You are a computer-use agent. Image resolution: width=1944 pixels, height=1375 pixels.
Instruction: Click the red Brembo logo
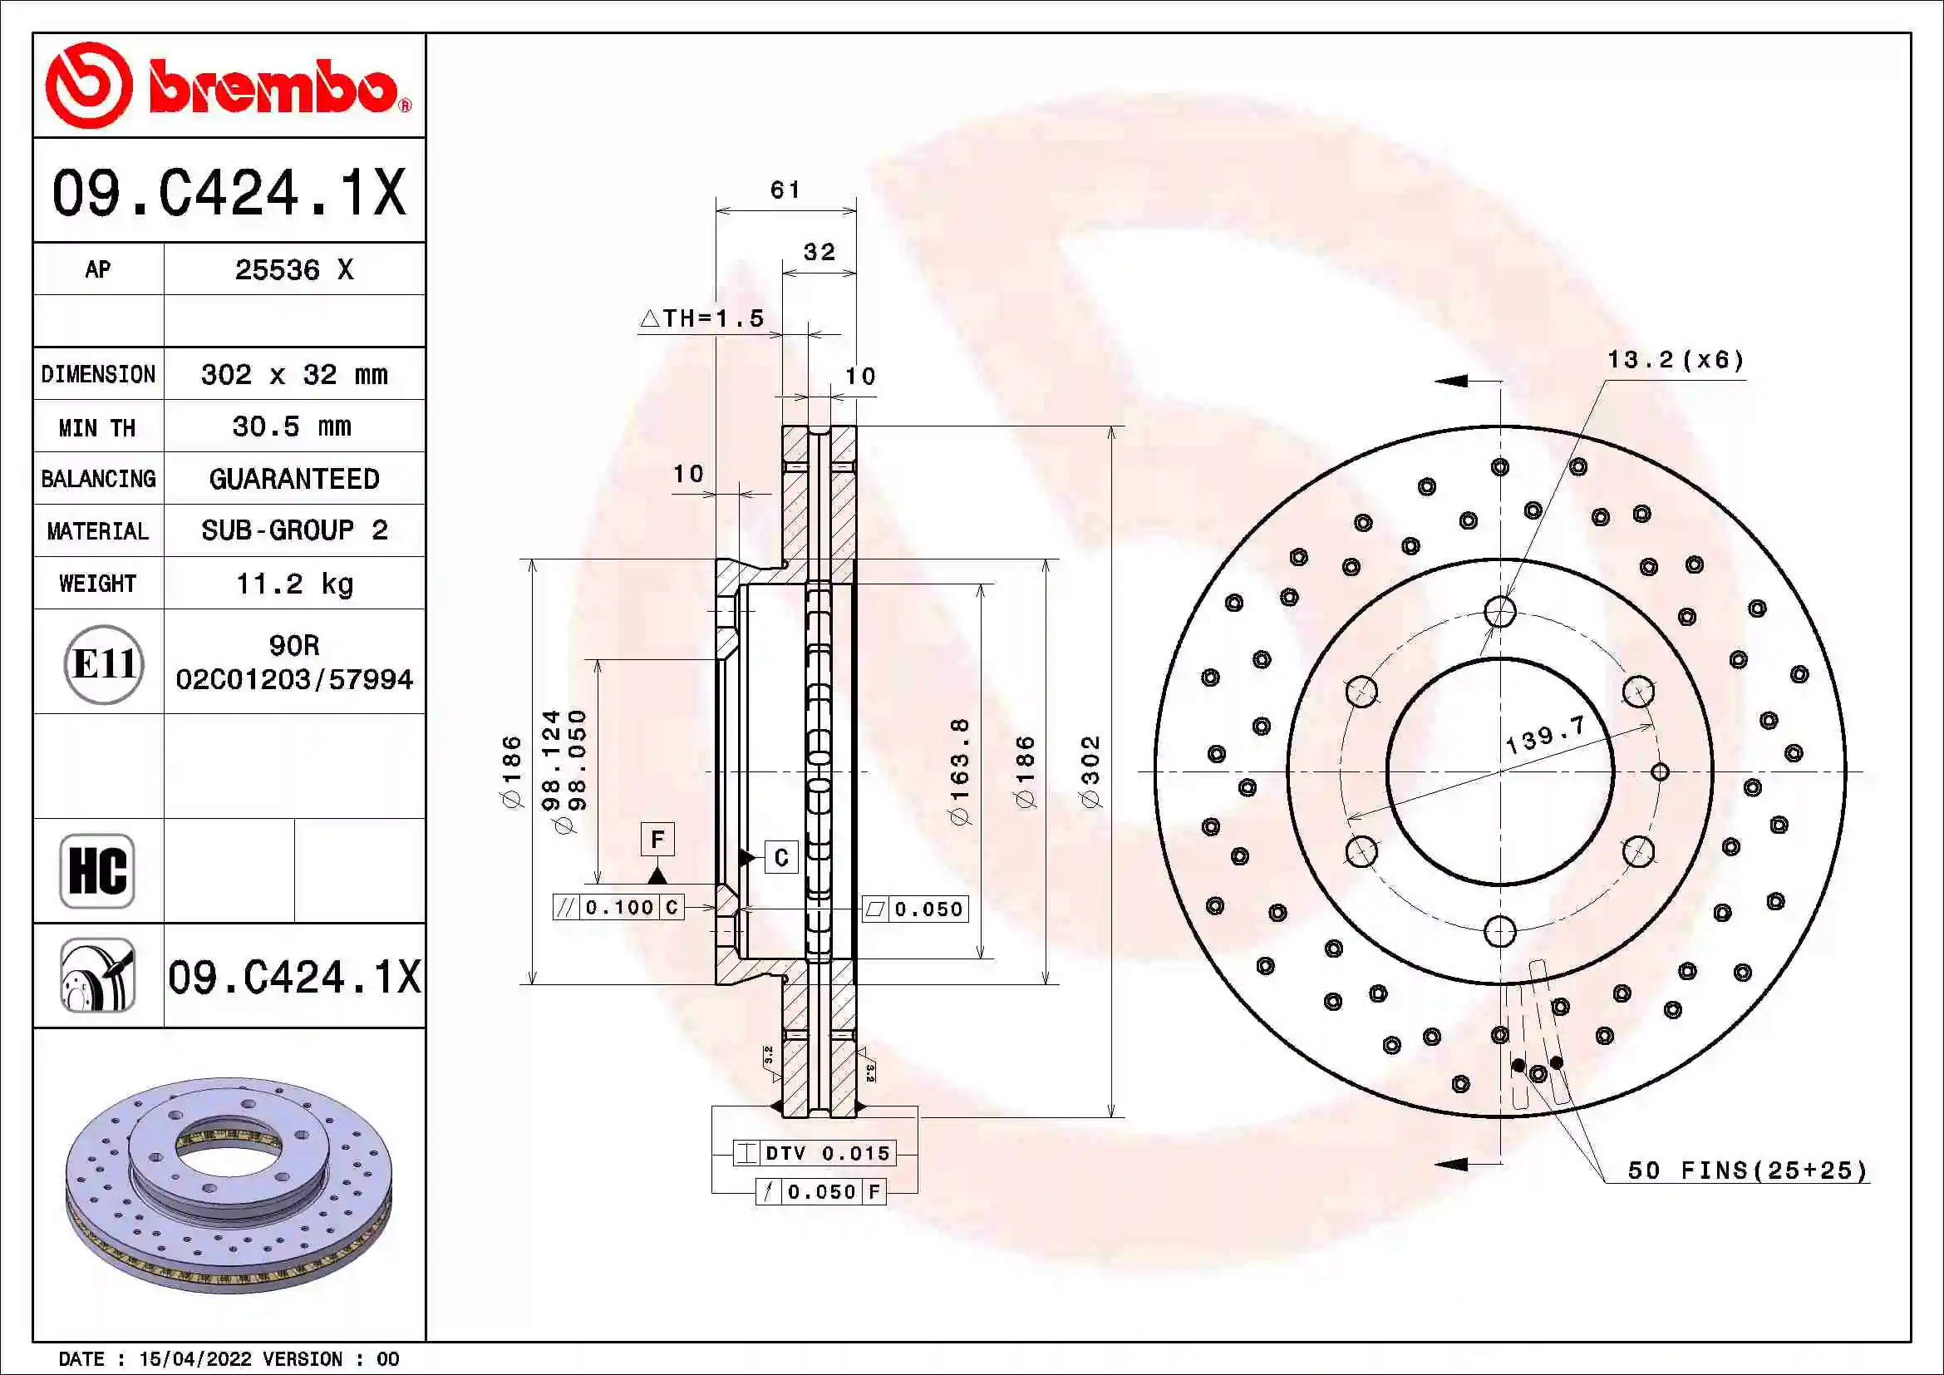229,86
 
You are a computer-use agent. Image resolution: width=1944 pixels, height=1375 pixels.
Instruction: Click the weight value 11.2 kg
293,584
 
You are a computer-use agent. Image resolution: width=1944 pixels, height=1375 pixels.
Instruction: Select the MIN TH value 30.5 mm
292,426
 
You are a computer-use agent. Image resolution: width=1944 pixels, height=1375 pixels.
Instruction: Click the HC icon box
97,870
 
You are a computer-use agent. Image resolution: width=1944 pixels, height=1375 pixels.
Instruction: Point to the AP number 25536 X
293,269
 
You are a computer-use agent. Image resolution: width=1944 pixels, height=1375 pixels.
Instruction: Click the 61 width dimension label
785,190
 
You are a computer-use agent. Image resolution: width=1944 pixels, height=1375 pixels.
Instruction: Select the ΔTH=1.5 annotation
702,318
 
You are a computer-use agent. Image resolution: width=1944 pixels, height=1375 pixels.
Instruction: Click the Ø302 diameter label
1090,771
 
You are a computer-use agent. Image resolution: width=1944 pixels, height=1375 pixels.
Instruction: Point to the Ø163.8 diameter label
958,771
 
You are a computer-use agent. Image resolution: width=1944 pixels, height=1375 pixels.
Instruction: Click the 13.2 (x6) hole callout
1675,360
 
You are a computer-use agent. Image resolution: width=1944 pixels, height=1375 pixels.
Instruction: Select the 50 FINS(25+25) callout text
1747,1170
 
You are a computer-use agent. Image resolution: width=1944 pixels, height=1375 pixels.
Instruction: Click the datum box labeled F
657,839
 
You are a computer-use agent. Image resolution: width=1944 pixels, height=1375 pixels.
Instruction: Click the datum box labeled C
780,858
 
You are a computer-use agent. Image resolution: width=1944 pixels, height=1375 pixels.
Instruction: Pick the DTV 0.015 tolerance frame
814,1153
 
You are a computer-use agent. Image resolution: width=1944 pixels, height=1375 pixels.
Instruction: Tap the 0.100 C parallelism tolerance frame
618,908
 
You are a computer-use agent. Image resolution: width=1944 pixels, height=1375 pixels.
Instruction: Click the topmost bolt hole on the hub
1499,610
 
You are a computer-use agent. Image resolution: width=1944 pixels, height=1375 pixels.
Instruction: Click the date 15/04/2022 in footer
194,1359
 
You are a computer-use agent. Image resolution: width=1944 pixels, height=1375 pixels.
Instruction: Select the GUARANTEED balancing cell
293,478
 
